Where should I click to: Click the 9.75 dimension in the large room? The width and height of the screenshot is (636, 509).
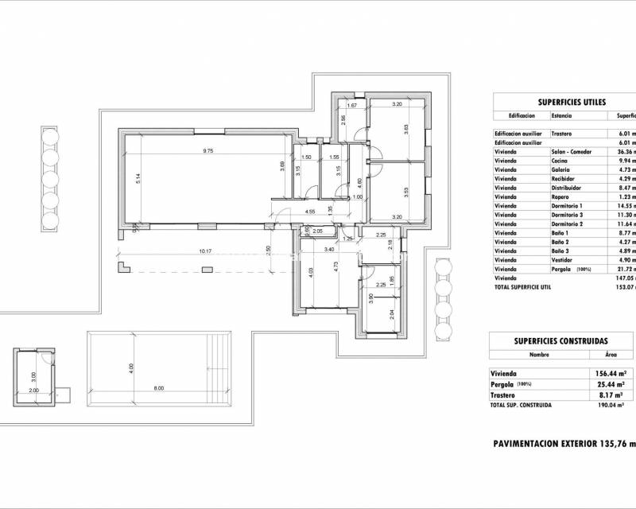point(209,151)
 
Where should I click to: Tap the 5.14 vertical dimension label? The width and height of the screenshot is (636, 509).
point(138,180)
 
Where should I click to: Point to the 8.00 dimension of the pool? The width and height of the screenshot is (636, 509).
point(159,387)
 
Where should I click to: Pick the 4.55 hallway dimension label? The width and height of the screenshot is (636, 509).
point(311,212)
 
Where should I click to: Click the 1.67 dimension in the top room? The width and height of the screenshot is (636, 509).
point(353,105)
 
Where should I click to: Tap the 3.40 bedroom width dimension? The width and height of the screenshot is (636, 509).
point(328,249)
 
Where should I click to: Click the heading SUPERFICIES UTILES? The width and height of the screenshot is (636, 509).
point(572,102)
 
